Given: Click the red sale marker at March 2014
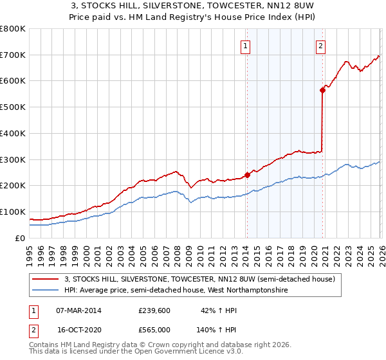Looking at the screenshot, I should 247,174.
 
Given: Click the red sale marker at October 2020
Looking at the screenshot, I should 322,91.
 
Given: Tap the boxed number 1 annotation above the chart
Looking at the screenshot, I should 246,46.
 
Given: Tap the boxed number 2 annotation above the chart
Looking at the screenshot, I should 320,46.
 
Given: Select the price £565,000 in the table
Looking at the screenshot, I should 154,328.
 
